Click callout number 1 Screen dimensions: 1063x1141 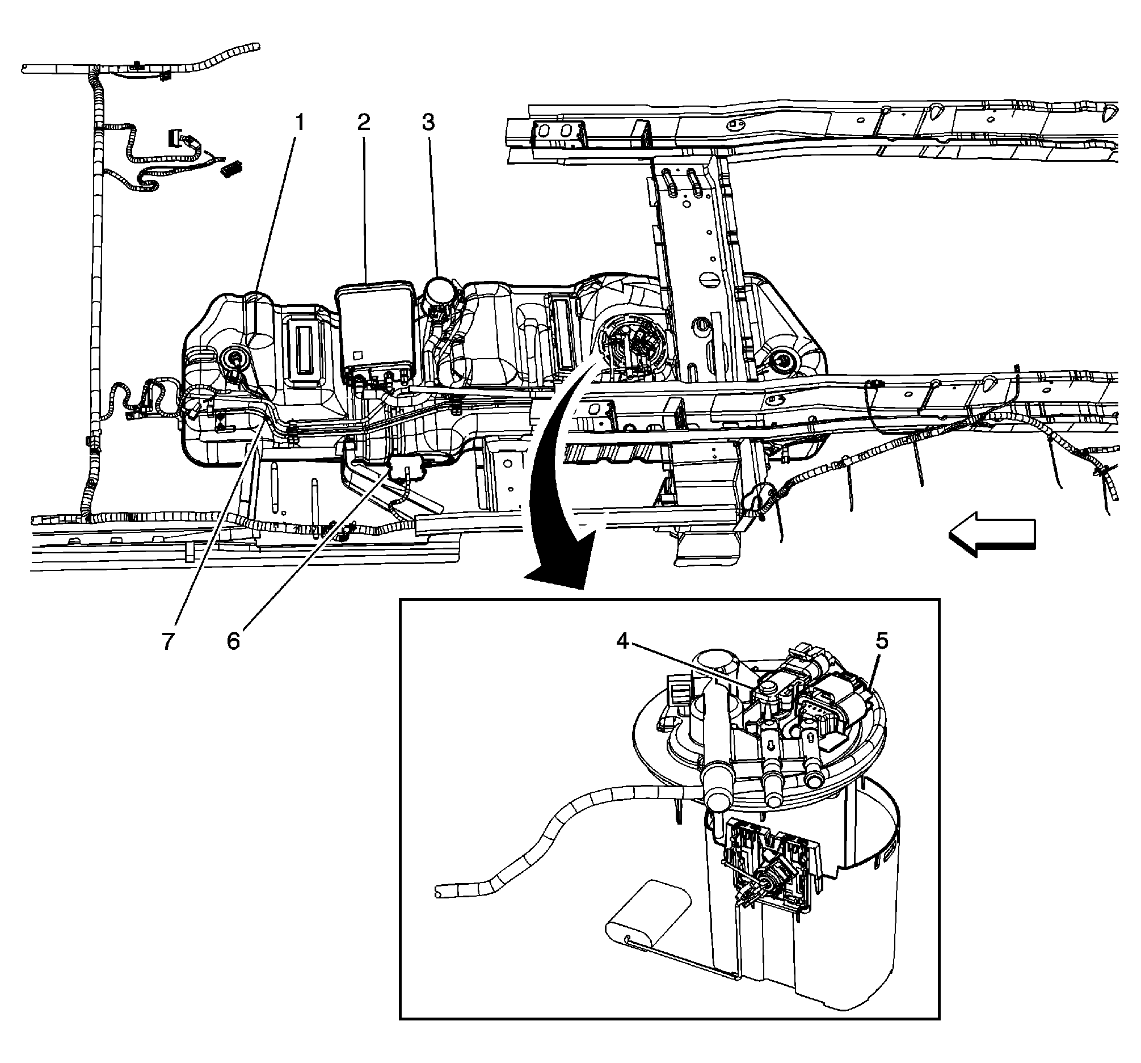coord(300,123)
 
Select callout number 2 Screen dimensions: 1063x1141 coord(364,123)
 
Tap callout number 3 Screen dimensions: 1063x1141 coord(429,123)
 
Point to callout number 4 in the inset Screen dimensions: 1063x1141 coord(624,641)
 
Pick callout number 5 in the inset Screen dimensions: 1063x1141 coord(882,641)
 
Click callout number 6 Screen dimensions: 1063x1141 coord(233,642)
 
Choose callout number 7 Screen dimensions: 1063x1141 coord(167,642)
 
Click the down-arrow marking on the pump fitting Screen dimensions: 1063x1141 coord(772,745)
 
